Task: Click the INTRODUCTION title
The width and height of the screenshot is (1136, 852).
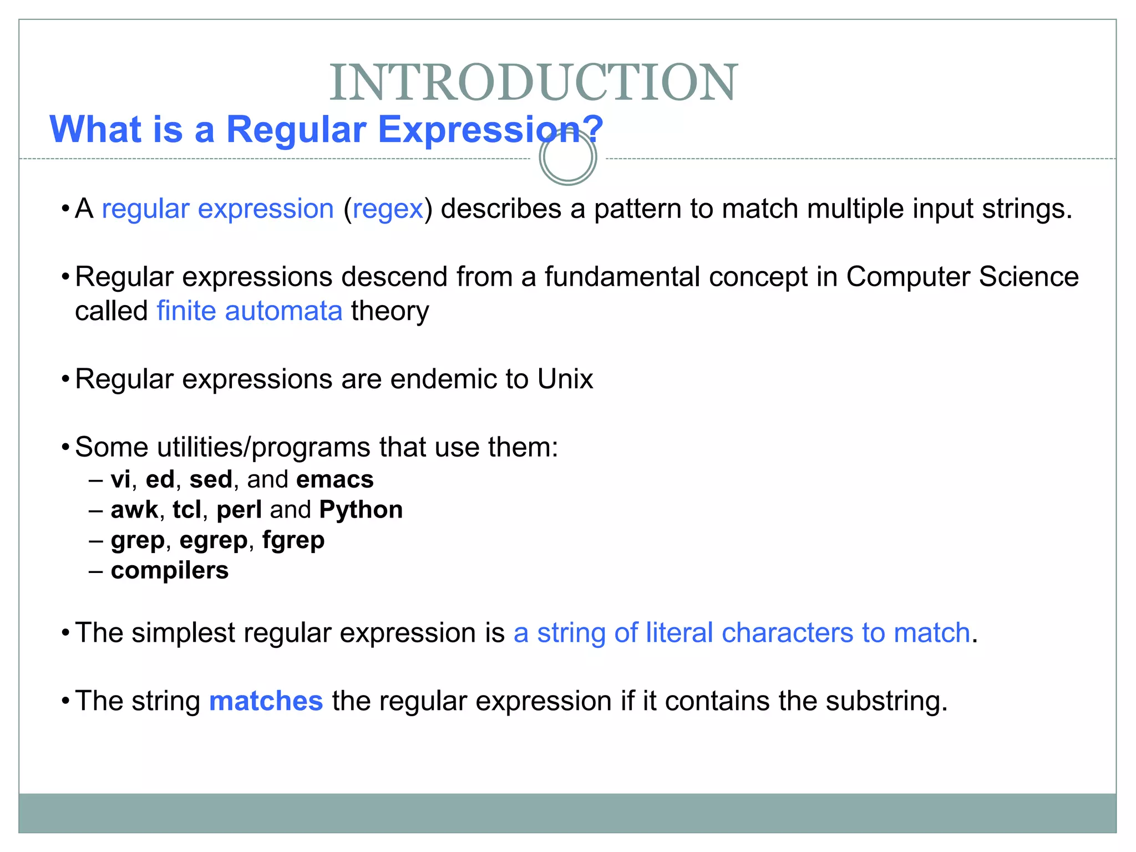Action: pyautogui.click(x=533, y=83)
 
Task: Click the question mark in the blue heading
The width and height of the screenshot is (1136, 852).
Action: pyautogui.click(x=593, y=129)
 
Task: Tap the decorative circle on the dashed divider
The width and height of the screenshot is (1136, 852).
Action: pyautogui.click(x=567, y=158)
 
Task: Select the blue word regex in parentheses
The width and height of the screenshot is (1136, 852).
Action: pyautogui.click(x=388, y=210)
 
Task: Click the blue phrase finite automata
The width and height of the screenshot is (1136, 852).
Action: pyautogui.click(x=250, y=311)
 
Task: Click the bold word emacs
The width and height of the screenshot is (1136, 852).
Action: pyautogui.click(x=334, y=480)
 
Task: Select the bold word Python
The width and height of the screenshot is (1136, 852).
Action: pyautogui.click(x=361, y=510)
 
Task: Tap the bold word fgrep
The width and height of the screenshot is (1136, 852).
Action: pyautogui.click(x=293, y=540)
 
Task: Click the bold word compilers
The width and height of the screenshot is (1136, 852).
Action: pyautogui.click(x=169, y=571)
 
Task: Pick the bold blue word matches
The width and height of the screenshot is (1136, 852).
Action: pyautogui.click(x=266, y=701)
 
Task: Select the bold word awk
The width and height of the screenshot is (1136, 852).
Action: pyautogui.click(x=134, y=510)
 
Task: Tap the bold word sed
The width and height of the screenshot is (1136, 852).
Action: pyautogui.click(x=210, y=480)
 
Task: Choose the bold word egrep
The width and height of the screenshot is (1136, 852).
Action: pyautogui.click(x=213, y=540)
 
